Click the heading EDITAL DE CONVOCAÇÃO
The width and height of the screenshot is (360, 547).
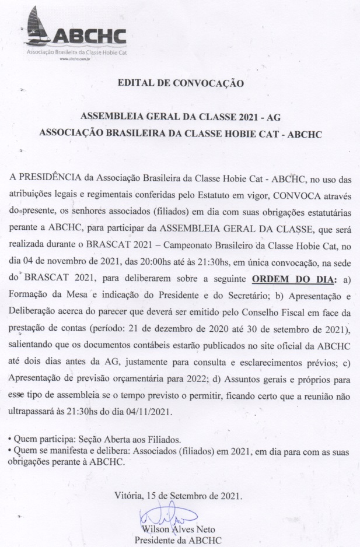(180, 83)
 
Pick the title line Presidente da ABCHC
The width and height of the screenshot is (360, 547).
(177, 541)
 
